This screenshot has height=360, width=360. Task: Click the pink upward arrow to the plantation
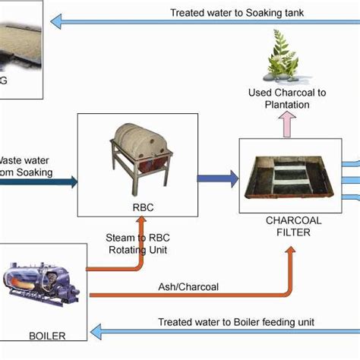286,124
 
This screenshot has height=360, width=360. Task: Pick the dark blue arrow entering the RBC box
68,181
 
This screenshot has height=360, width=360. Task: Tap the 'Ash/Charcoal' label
188,288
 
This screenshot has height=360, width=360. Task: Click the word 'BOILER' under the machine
46,336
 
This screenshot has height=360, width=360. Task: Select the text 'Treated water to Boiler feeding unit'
235,322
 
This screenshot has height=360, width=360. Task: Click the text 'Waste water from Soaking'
26,166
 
